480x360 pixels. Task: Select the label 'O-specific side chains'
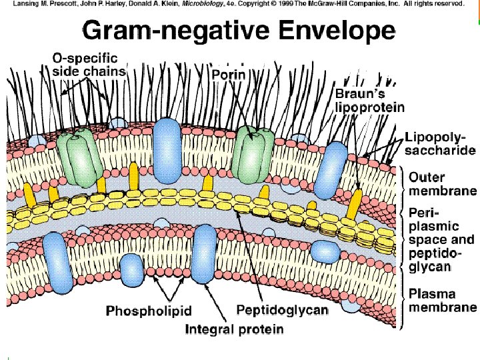89,64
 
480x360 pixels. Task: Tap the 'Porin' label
229,75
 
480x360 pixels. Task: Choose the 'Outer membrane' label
442,184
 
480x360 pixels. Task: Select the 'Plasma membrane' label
442,301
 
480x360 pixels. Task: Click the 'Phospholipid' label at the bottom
149,311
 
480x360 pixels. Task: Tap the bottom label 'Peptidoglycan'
283,310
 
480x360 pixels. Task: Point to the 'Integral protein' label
234,329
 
